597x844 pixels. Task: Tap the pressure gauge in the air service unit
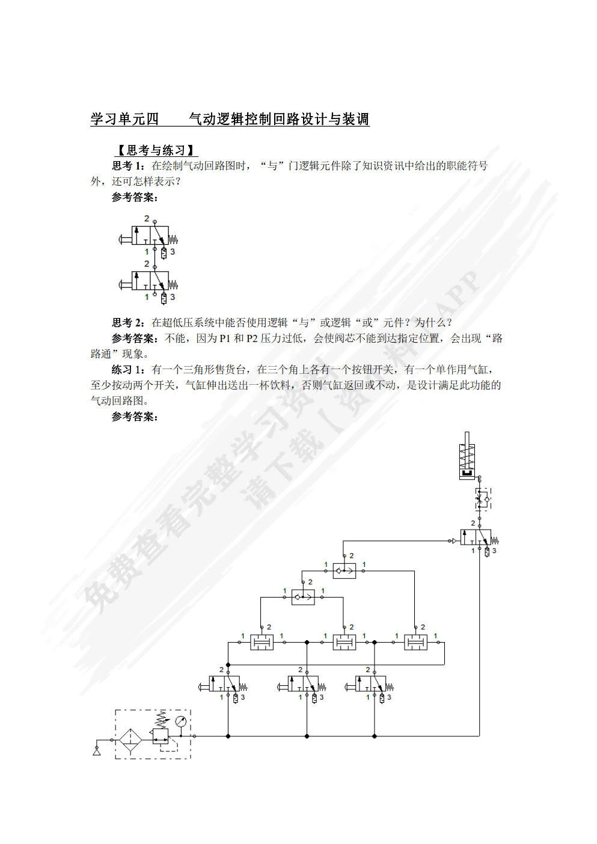180,721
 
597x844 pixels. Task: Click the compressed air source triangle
97,751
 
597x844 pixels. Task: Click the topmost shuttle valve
344,570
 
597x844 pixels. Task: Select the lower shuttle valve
303,597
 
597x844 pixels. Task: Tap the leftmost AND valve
262,642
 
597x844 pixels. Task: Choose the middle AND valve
344,642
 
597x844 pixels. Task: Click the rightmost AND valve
415,642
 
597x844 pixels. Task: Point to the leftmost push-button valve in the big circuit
227,684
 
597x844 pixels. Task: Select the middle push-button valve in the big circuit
306,684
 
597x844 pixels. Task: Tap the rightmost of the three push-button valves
373,684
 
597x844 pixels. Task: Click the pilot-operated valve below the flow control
479,537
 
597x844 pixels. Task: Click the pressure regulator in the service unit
161,735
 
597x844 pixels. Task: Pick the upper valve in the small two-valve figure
152,235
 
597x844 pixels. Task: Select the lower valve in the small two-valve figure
152,281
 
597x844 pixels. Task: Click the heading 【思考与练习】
155,150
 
